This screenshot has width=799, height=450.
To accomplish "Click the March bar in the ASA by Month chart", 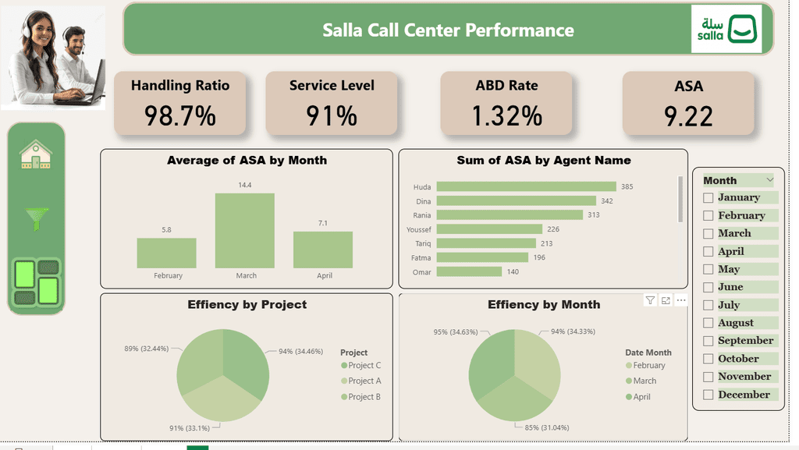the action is click(244, 231).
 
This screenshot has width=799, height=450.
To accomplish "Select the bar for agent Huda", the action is click(527, 187).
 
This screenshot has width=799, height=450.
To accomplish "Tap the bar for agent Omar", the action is click(469, 272).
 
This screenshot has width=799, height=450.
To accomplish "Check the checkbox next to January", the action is click(708, 197).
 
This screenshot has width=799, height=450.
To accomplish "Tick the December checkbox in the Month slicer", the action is click(708, 395).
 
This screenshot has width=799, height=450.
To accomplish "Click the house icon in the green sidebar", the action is click(36, 154).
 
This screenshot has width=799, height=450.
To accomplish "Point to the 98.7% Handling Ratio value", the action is click(180, 115).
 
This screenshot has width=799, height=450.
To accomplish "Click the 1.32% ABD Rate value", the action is click(506, 115).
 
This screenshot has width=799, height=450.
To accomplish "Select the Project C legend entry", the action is click(360, 366).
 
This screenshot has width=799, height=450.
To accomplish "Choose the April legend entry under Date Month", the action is click(638, 397).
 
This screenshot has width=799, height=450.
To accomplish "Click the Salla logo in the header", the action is click(726, 29).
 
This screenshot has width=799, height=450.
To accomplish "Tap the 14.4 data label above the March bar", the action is click(244, 185).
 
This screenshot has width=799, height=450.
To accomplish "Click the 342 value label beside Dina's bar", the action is click(607, 201).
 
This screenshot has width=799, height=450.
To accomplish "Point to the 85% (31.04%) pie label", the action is click(547, 427).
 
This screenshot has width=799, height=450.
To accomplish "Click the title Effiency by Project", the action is click(247, 304).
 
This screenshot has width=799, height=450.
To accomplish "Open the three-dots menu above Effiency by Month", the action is click(680, 300).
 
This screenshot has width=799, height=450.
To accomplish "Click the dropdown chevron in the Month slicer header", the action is click(769, 179).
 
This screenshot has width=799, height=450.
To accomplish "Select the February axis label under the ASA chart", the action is click(169, 275).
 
